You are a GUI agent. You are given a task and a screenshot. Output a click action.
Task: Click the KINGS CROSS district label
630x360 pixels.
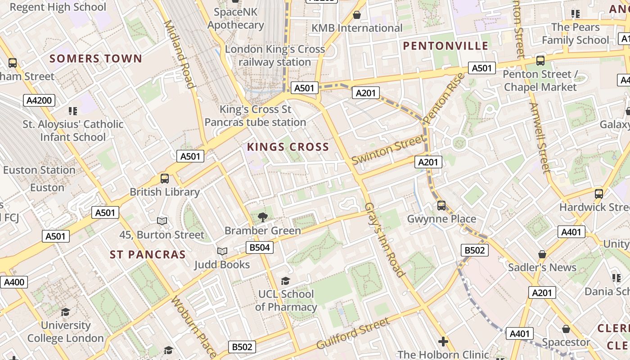pos(288,147)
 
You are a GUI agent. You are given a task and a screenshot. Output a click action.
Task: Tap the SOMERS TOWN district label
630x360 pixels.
pos(96,58)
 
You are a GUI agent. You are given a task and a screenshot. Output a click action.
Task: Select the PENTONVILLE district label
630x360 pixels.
pos(445,46)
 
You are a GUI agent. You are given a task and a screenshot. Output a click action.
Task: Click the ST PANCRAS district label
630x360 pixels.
pos(148,255)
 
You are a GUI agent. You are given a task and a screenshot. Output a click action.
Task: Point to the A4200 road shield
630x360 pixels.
pos(39,100)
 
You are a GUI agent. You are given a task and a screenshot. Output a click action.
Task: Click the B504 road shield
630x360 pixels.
pos(260,247)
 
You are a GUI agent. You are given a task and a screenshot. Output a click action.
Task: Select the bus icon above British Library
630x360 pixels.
pos(165,179)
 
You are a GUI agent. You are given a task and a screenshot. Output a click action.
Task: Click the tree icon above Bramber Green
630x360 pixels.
pos(263,217)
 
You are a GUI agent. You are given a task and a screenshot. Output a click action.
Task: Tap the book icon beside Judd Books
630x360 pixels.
pos(222,251)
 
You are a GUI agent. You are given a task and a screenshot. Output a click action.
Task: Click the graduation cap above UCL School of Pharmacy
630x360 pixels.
pos(285,281)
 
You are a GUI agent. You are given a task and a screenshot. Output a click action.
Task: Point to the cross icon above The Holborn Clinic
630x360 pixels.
pos(443,342)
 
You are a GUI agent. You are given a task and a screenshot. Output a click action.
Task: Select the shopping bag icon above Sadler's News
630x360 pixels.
pos(542,254)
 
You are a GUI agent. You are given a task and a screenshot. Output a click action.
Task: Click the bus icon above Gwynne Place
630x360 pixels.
pos(441,206)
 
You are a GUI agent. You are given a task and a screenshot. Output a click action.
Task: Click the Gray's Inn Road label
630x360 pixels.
pos(385,239)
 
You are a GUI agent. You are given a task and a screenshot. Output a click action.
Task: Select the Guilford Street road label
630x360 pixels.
pos(353,333)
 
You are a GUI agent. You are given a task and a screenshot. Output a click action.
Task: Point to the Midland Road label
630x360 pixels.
pos(180,54)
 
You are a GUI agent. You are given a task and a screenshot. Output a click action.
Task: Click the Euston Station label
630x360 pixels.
pos(39,170)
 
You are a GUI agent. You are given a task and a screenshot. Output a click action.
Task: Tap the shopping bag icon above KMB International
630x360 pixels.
pos(357,15)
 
